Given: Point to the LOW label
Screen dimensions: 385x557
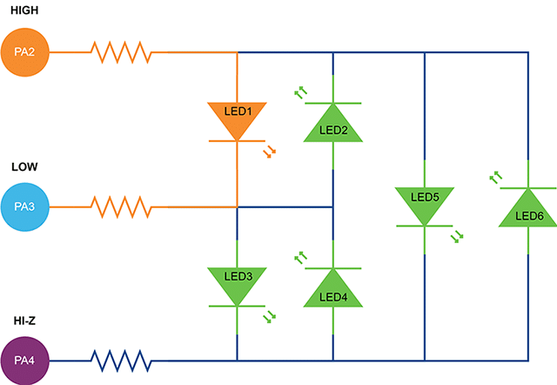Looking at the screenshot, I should pos(24,165).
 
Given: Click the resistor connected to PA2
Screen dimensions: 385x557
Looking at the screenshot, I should pos(122,52).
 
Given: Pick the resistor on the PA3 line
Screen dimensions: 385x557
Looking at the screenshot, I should pos(122,207).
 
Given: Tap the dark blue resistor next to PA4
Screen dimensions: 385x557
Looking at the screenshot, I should pos(122,359).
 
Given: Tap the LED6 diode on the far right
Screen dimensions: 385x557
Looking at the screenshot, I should pos(528,209).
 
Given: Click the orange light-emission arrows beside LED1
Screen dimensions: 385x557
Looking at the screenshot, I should pos(271,152).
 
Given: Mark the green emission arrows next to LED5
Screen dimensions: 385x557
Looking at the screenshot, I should pos(458,236).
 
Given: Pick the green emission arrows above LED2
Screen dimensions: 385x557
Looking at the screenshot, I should pos(300,91).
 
